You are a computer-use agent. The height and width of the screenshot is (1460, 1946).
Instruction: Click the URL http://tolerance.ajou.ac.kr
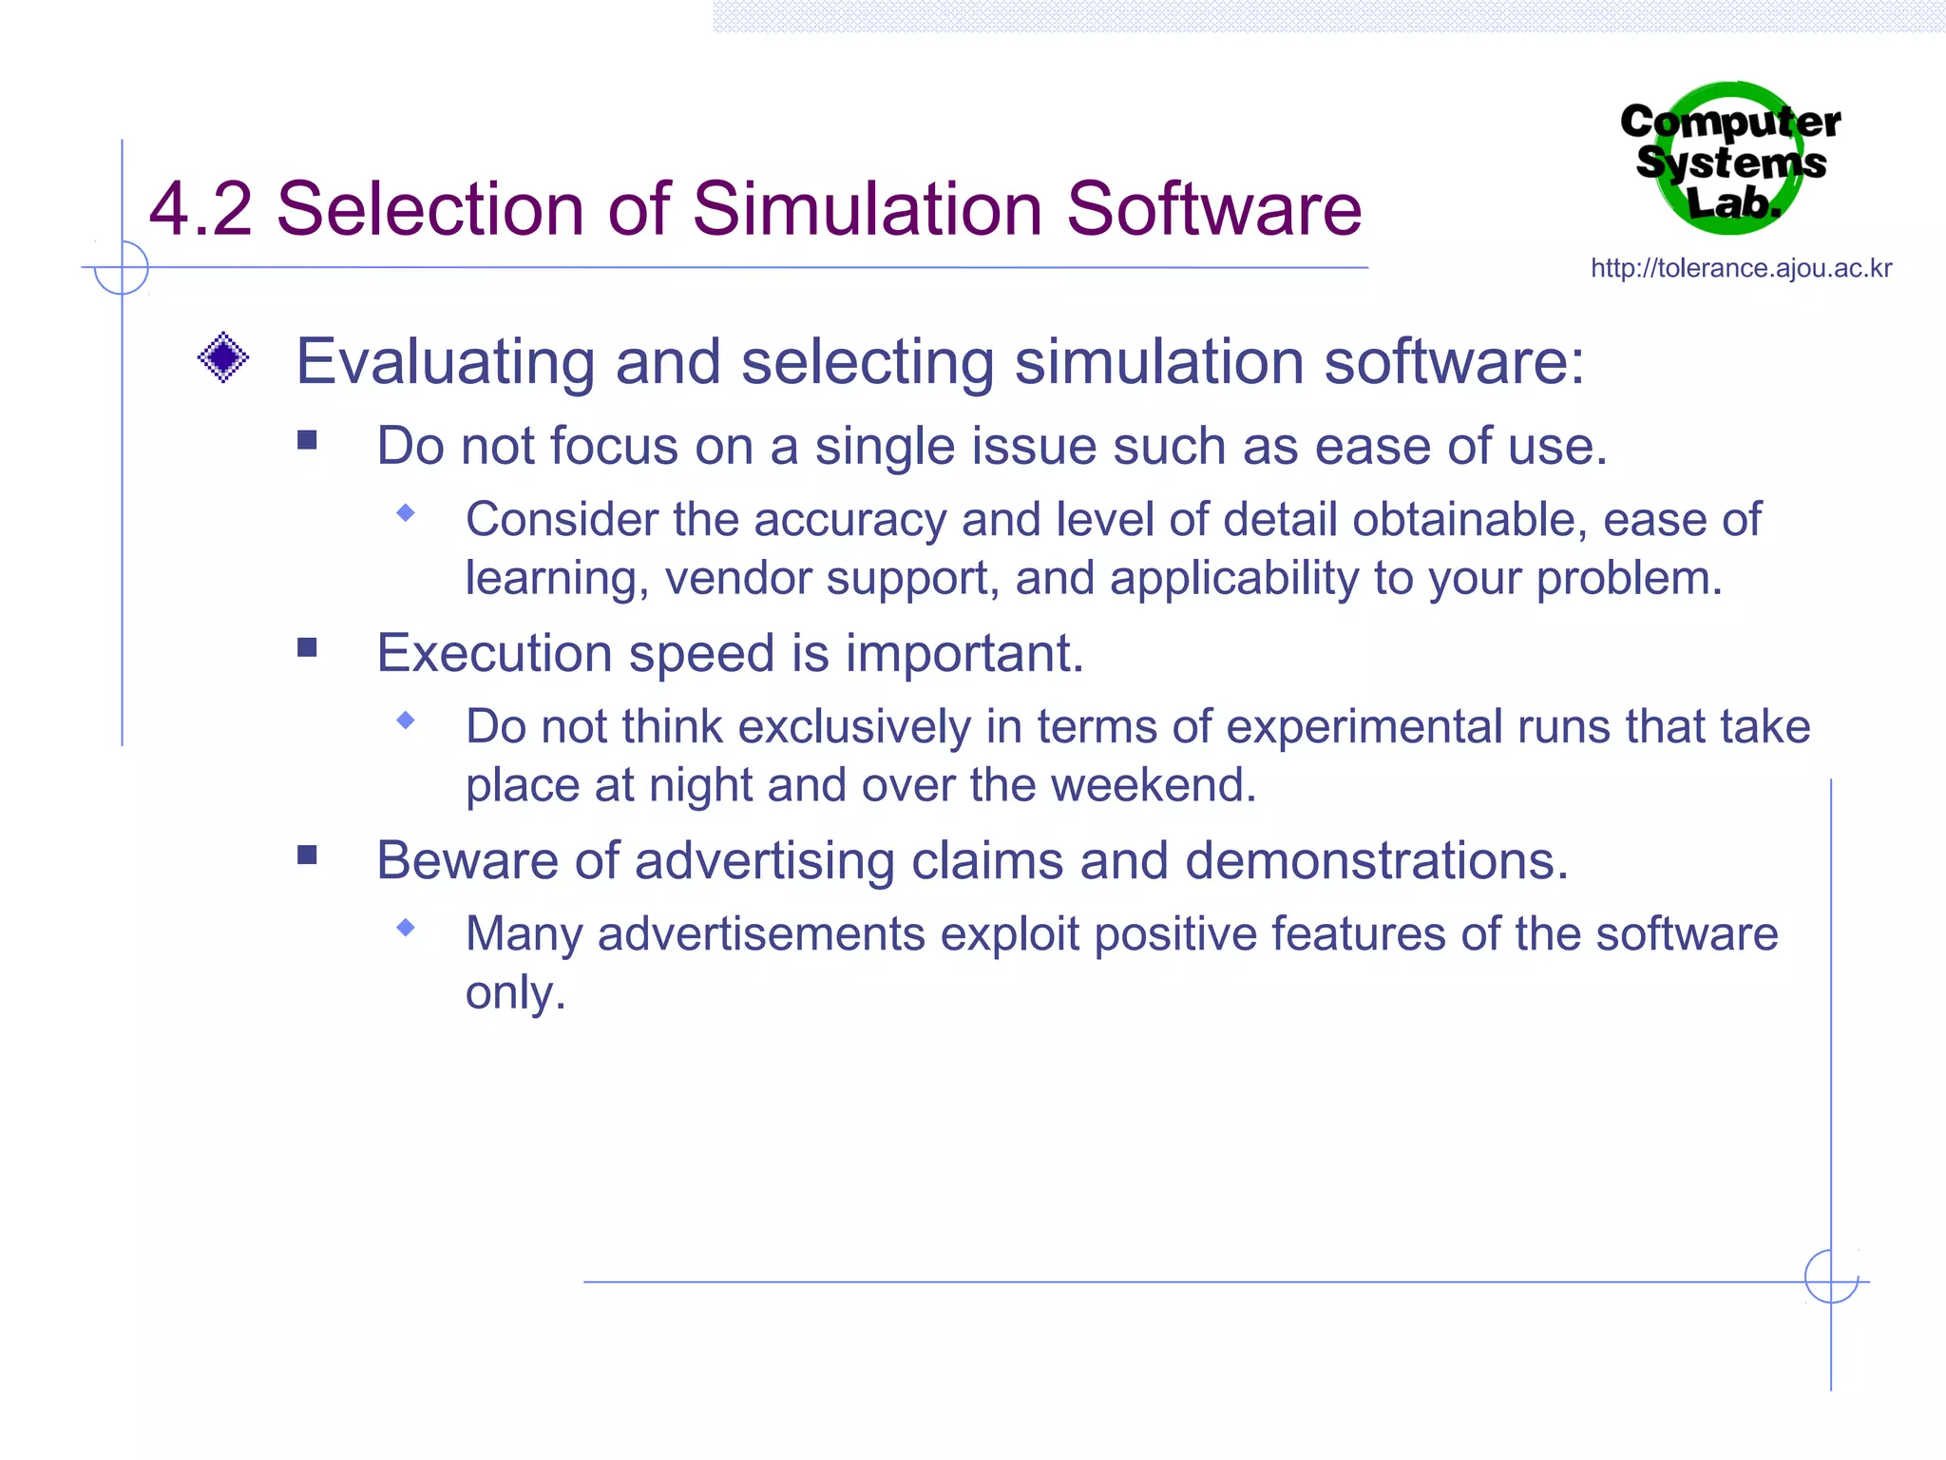point(1741,269)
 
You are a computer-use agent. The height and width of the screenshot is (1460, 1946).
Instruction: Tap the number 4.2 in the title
point(200,209)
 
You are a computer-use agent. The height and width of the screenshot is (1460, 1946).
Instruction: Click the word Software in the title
point(1213,209)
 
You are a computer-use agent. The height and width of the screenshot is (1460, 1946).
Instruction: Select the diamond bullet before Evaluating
point(223,358)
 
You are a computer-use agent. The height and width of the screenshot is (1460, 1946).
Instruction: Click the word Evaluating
point(446,363)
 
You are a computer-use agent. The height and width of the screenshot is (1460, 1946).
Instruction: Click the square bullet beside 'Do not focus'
point(307,440)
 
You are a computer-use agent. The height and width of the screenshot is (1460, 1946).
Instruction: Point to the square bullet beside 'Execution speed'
point(307,648)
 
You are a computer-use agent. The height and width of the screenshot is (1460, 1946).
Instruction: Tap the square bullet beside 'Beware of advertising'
point(307,855)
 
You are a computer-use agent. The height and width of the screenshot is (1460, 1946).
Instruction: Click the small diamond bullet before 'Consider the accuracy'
point(406,514)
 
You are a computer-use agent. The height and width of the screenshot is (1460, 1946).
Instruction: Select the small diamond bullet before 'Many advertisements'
point(406,928)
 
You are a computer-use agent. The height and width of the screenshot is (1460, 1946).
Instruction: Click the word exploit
point(1009,934)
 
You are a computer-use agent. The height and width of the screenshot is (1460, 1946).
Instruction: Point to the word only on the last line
point(514,993)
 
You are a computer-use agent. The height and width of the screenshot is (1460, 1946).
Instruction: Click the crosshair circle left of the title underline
point(122,268)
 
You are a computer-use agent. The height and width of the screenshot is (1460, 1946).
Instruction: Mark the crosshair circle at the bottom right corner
point(1831,1277)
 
